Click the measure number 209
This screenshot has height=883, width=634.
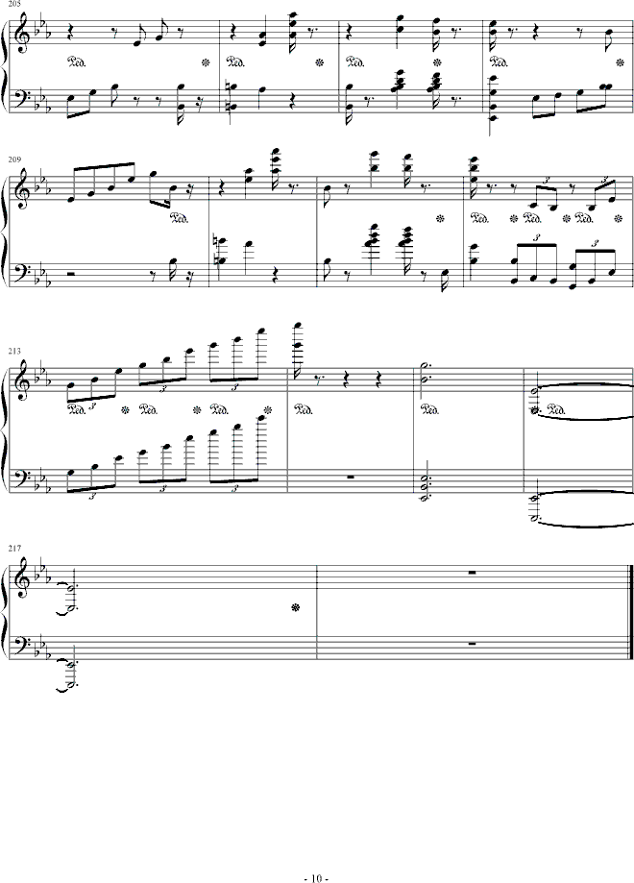coord(14,159)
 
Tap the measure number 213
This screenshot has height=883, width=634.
coord(14,351)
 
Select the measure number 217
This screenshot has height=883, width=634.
coord(15,548)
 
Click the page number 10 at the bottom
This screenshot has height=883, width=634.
coord(316,877)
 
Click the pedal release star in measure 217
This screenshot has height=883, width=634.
coord(295,607)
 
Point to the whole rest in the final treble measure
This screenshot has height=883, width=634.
coord(473,573)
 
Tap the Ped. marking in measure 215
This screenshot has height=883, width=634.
coord(430,410)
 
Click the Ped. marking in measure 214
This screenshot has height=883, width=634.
coord(303,410)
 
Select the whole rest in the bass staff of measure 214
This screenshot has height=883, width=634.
coord(351,477)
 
